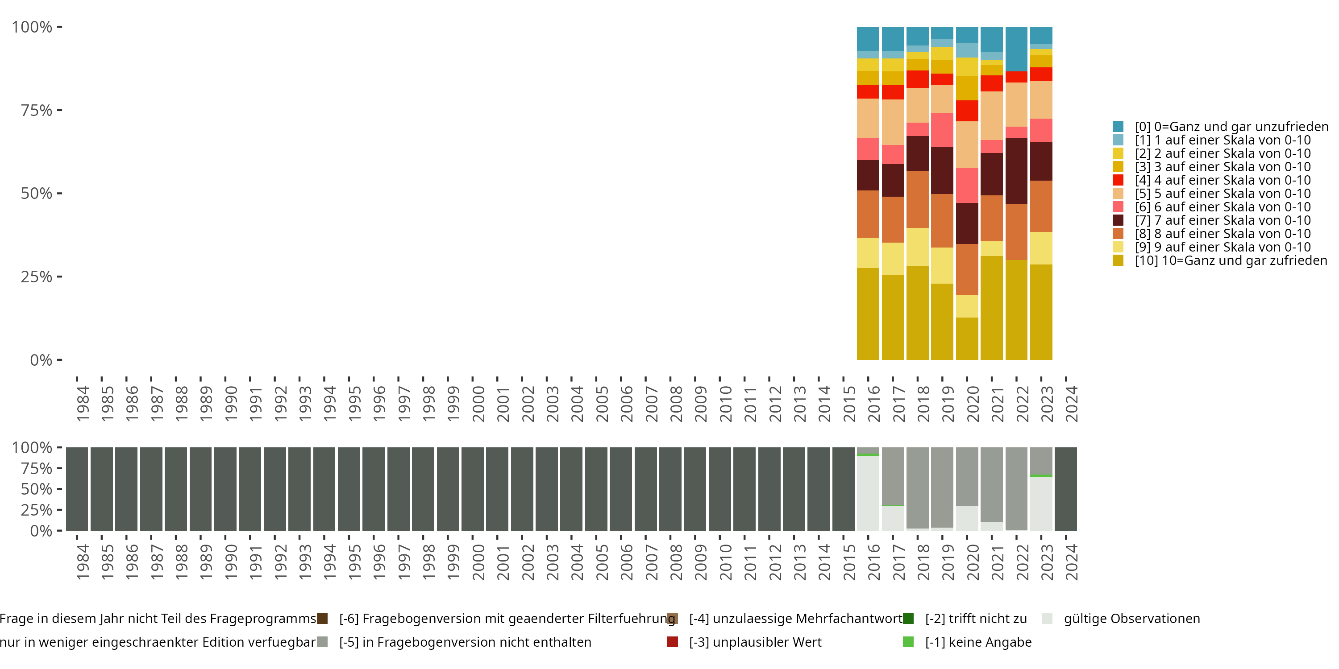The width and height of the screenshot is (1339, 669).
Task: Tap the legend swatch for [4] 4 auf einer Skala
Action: (1118, 180)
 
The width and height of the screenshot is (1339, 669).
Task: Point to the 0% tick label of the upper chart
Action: (41, 360)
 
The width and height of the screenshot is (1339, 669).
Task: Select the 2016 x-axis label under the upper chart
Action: (873, 404)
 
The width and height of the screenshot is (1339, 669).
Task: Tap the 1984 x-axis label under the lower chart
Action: (82, 562)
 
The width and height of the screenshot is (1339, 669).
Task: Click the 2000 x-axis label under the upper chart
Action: (478, 404)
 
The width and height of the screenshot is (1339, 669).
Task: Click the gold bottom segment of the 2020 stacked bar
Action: (967, 338)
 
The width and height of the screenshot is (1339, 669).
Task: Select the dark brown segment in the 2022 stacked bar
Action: (1016, 171)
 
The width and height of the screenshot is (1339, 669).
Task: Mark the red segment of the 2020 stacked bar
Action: (967, 111)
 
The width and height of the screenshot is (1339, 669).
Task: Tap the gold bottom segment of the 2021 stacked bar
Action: (991, 307)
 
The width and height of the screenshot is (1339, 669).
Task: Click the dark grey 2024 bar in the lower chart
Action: (1065, 489)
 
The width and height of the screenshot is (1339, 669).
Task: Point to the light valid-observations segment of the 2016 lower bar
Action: (868, 493)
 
